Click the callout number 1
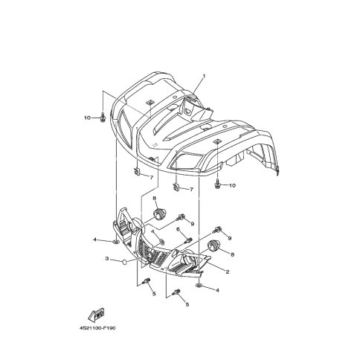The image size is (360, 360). coord(204,76)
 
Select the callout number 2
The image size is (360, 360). coord(228,271)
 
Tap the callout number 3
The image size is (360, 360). coord(107,259)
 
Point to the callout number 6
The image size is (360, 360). coord(178,230)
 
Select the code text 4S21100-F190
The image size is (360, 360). coord(97,328)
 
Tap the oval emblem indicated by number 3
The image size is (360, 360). coord(123,262)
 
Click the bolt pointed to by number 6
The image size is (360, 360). coord(190,240)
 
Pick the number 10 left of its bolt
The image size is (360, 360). coord(87,118)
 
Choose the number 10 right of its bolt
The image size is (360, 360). coord(232,185)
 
